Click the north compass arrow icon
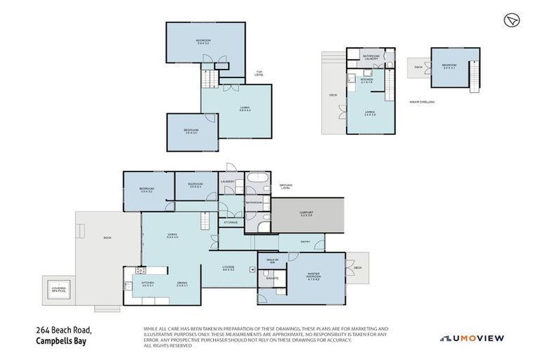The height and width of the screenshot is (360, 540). tap(511, 21)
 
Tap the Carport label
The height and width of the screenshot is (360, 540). tap(307, 214)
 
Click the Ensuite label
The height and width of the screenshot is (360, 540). tap(272, 279)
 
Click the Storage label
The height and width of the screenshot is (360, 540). tap(231, 222)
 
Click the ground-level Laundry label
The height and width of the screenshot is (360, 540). tap(227, 181)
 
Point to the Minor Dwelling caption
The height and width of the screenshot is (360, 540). tap(422, 102)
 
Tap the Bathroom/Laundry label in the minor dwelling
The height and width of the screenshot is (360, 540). tap(371, 57)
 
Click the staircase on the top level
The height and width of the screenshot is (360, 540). tap(209, 78)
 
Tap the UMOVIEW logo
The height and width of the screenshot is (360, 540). tap(472, 338)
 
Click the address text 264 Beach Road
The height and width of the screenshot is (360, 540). tap(65, 330)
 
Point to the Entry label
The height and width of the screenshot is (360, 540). tap(305, 241)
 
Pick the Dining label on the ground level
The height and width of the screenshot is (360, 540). tap(182, 284)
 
